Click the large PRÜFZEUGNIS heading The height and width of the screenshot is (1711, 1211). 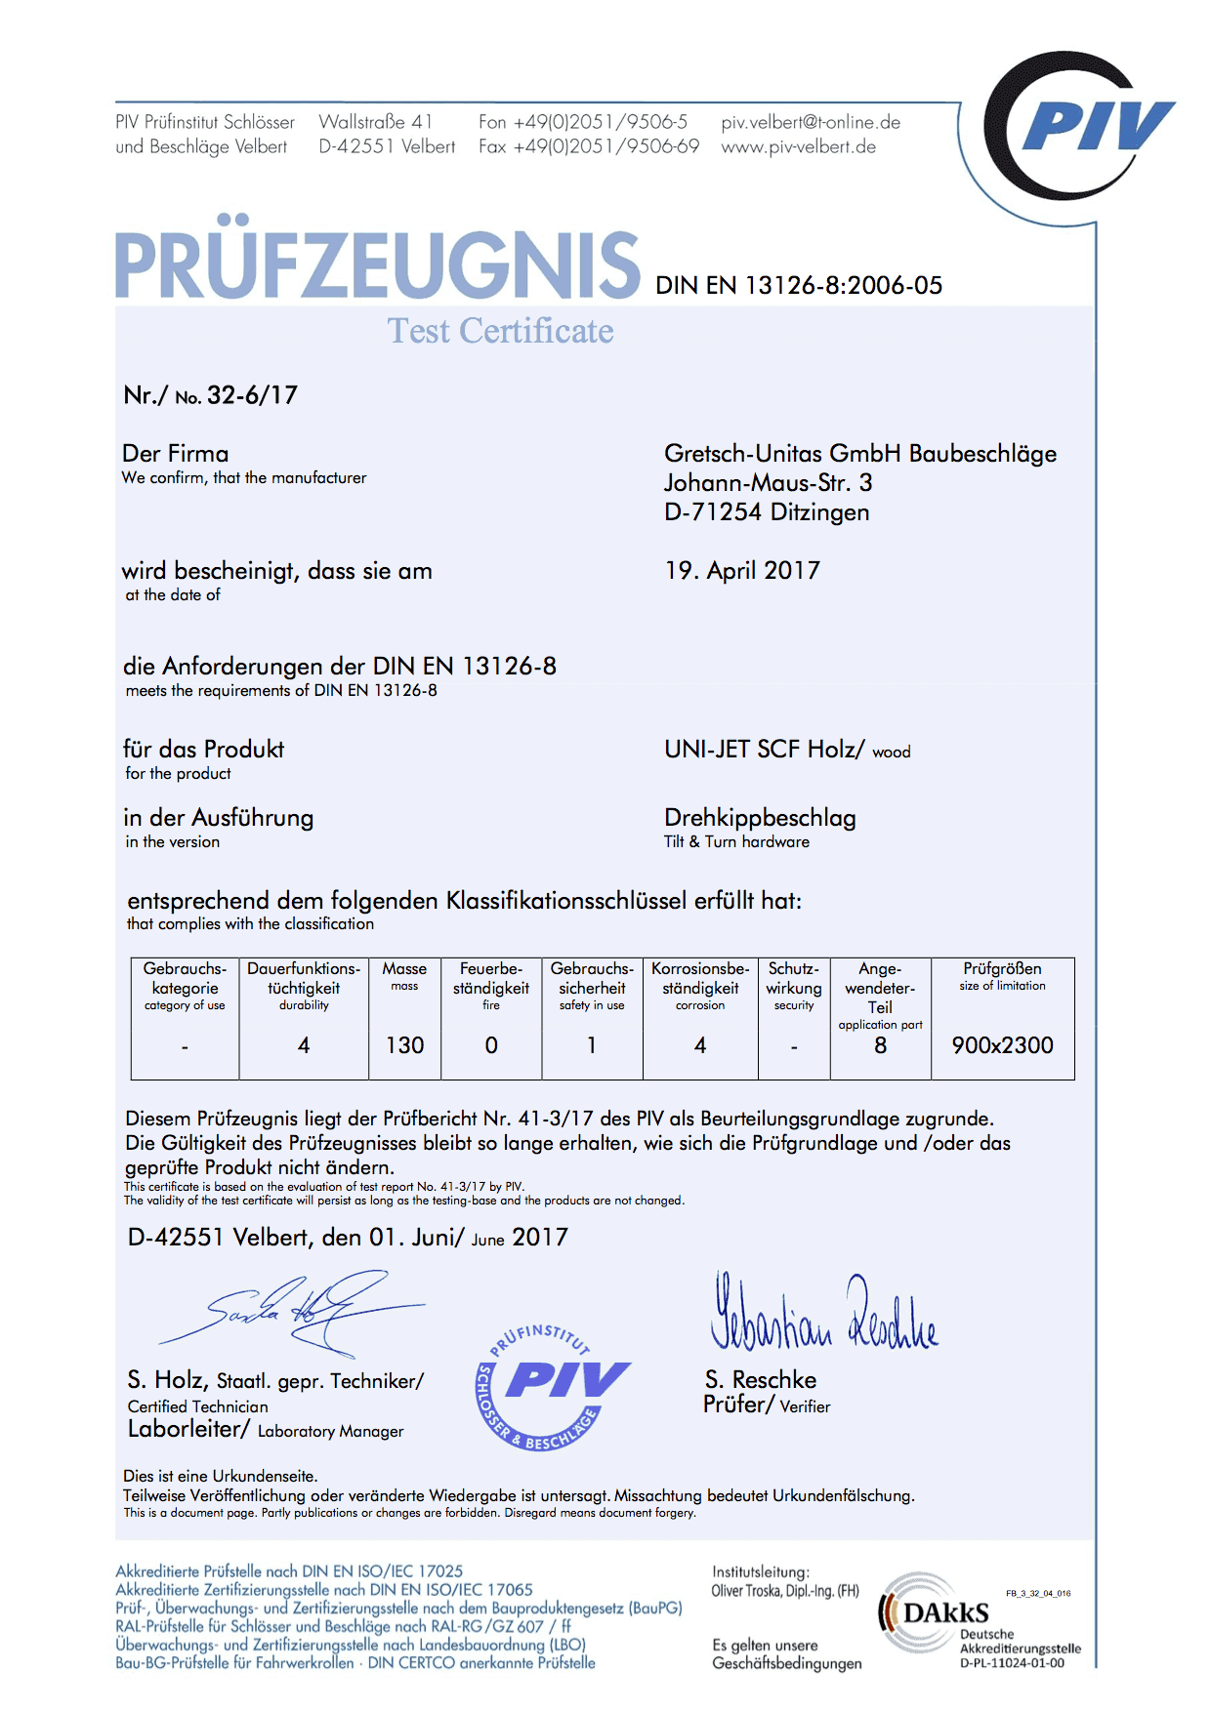pyautogui.click(x=377, y=265)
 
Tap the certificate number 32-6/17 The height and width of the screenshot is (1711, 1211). pyautogui.click(x=252, y=395)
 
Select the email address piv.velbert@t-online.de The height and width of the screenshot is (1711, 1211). pyautogui.click(x=811, y=122)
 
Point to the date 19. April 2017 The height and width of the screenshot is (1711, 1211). pyautogui.click(x=742, y=571)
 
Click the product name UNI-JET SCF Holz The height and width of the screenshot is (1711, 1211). pyautogui.click(x=764, y=750)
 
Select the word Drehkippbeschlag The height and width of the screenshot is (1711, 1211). pyautogui.click(x=760, y=818)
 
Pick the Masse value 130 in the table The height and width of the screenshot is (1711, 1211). pyautogui.click(x=404, y=1045)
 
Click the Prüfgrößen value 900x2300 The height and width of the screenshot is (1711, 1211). pyautogui.click(x=1002, y=1045)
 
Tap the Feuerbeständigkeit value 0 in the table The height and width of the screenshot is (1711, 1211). pyautogui.click(x=491, y=1045)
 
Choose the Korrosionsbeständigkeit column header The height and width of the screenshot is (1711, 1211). pyautogui.click(x=700, y=979)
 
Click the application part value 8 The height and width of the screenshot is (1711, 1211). pyautogui.click(x=880, y=1045)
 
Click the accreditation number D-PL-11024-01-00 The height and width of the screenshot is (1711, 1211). pyautogui.click(x=1012, y=1663)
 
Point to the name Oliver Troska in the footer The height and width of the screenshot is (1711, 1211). pyautogui.click(x=747, y=1591)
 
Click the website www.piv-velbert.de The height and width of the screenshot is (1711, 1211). pyautogui.click(x=798, y=147)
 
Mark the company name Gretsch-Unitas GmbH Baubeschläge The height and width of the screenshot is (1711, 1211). pyautogui.click(x=859, y=454)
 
